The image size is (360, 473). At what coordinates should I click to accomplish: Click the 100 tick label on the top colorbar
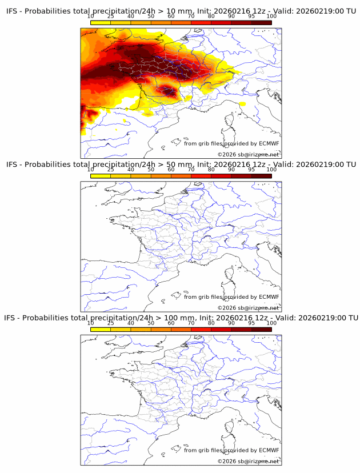271,17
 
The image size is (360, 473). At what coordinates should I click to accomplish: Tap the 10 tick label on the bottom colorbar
90,323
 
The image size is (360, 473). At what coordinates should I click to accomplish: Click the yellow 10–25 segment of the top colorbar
101,22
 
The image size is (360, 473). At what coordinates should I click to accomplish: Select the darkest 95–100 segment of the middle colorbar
261,175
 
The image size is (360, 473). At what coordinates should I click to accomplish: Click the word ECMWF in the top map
269,143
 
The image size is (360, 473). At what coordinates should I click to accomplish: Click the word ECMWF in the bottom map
269,450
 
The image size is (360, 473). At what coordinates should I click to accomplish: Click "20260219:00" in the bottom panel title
322,318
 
